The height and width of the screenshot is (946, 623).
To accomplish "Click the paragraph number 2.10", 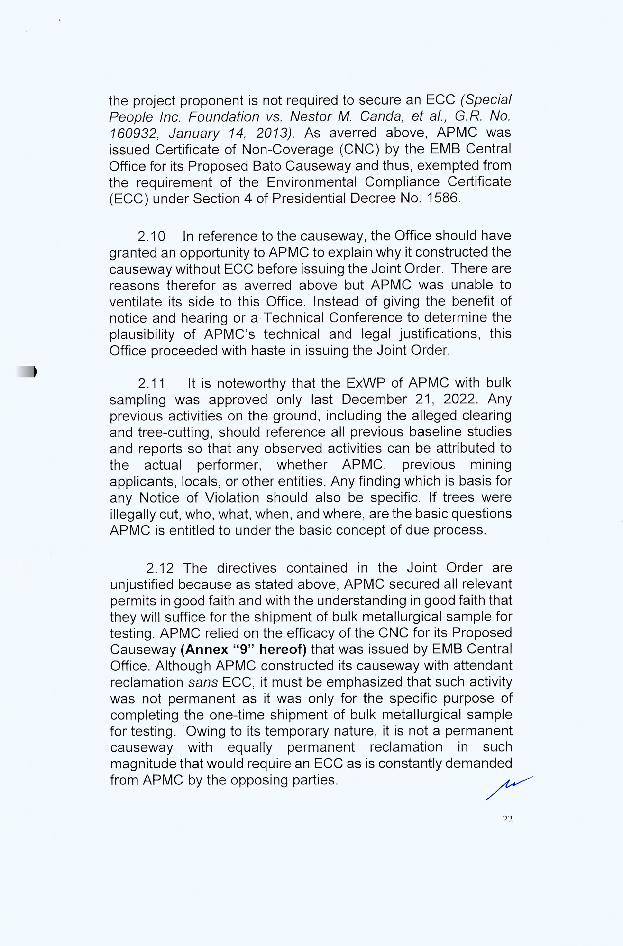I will tap(151, 237).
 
